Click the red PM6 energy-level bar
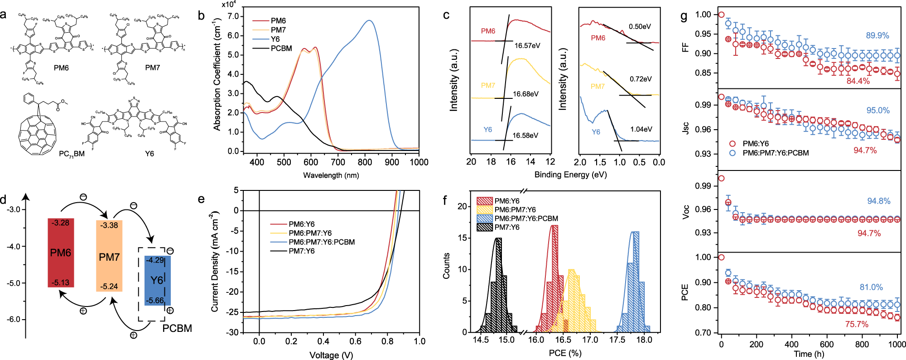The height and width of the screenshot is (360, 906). pyautogui.click(x=61, y=253)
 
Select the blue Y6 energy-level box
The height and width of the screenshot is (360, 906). pyautogui.click(x=157, y=280)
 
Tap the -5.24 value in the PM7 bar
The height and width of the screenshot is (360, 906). pyautogui.click(x=109, y=287)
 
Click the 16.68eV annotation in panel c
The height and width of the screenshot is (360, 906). pyautogui.click(x=525, y=94)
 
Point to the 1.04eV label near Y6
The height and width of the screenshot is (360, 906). pyautogui.click(x=641, y=129)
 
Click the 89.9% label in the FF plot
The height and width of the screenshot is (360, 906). pyautogui.click(x=877, y=35)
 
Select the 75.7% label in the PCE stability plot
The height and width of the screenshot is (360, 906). pyautogui.click(x=856, y=324)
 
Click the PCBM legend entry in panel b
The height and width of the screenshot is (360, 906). pyautogui.click(x=281, y=49)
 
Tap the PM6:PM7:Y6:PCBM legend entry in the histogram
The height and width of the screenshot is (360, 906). pyautogui.click(x=525, y=219)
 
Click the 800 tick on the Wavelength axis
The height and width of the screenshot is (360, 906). pyautogui.click(x=365, y=162)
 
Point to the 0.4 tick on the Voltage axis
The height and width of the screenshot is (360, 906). pyautogui.click(x=323, y=341)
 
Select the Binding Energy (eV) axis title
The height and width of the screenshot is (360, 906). pyautogui.click(x=570, y=175)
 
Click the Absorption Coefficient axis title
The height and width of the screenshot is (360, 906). pyautogui.click(x=217, y=75)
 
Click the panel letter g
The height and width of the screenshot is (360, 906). pyautogui.click(x=684, y=17)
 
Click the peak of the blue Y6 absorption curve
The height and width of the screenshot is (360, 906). pyautogui.click(x=370, y=20)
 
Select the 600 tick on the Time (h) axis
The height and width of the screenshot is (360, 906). pyautogui.click(x=827, y=344)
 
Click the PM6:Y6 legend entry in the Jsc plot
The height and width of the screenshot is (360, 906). pyautogui.click(x=755, y=144)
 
